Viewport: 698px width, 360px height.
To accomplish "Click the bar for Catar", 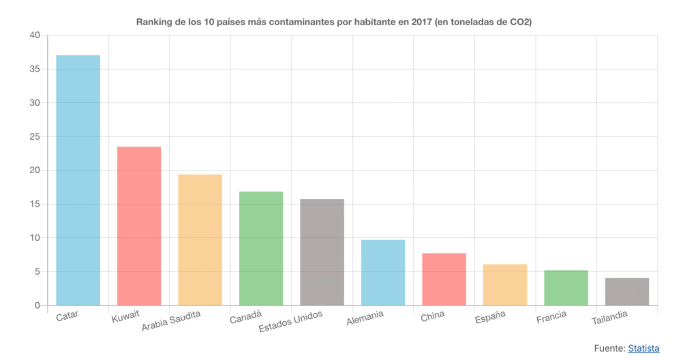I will (78, 180).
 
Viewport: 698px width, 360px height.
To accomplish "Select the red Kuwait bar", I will (139, 226).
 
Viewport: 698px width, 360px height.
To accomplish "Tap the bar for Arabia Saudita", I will (200, 239).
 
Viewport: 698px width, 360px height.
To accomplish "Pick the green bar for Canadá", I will (261, 248).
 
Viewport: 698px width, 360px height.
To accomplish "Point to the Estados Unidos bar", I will (322, 252).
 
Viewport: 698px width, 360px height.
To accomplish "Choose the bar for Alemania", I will (383, 272).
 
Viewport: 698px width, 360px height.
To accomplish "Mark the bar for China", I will (444, 279).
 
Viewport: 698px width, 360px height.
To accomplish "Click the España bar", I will (505, 284).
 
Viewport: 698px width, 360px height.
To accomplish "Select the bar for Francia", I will (566, 288).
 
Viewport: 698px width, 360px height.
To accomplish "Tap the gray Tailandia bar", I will (627, 291).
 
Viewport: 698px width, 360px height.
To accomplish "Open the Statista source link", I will (643, 348).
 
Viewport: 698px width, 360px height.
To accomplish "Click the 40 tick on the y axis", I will (35, 35).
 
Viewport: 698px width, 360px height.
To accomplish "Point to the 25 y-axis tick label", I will (35, 136).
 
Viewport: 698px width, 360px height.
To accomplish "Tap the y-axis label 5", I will (37, 271).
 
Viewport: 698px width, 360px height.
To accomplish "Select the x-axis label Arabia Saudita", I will (172, 321).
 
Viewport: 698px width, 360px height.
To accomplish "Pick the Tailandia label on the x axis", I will (609, 317).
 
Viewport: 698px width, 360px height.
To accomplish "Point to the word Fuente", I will (609, 348).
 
